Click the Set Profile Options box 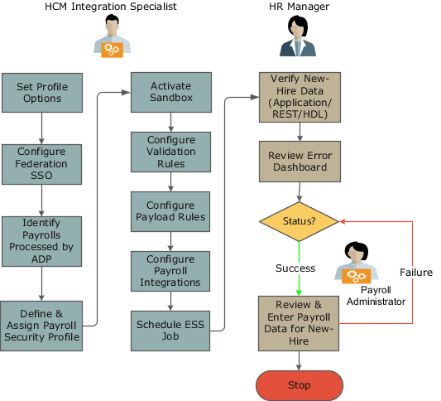41,92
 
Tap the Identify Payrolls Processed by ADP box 41,240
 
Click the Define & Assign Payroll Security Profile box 41,325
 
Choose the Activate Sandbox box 171,92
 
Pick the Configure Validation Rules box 171,152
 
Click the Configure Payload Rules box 171,211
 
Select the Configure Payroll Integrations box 171,271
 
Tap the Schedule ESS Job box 171,330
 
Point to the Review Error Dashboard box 299,162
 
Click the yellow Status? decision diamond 299,222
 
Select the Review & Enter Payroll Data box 299,316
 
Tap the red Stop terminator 299,385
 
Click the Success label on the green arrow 296,268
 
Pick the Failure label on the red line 415,272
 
